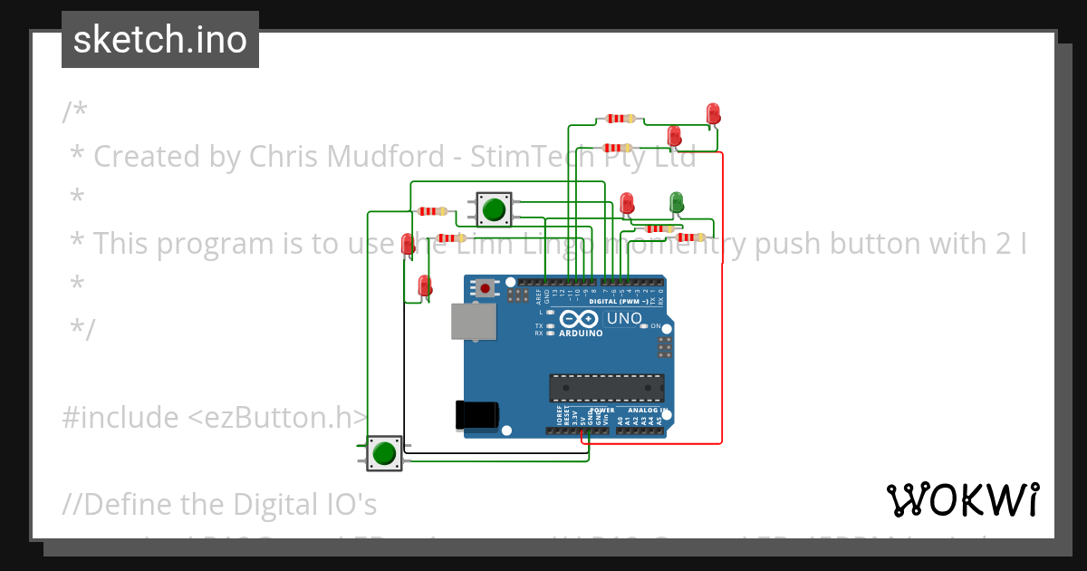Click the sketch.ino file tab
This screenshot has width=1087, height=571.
point(160,40)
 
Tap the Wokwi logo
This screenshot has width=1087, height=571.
point(962,499)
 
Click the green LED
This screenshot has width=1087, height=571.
point(676,201)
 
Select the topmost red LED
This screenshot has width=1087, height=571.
point(713,113)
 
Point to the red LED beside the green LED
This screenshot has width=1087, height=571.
point(627,203)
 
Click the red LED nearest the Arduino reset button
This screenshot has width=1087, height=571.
point(424,285)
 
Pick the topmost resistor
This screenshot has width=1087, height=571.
point(620,119)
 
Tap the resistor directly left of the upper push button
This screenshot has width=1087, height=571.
point(432,211)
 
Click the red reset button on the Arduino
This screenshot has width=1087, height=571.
point(486,289)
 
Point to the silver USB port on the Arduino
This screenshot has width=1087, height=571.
point(473,322)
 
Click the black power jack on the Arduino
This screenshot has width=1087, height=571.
point(476,414)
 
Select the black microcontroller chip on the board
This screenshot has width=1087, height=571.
point(606,388)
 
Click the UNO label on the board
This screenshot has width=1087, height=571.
point(623,319)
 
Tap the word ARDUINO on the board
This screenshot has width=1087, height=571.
point(581,334)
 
